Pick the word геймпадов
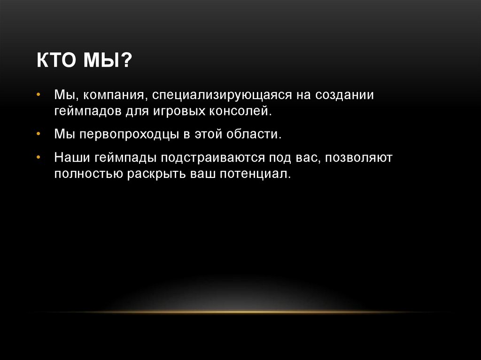(84, 112)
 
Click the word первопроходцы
(126, 135)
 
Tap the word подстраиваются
(207, 158)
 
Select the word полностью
(87, 174)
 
